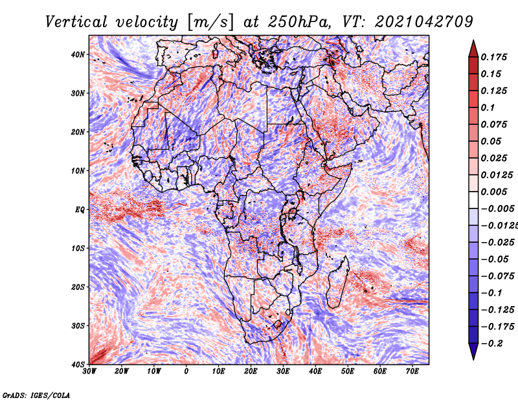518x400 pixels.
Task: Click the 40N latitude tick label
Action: coord(78,54)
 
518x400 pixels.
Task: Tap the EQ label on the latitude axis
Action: coord(80,210)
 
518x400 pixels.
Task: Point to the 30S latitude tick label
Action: coord(78,326)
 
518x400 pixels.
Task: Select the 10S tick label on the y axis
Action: coord(78,248)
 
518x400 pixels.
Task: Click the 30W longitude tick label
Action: coord(89,372)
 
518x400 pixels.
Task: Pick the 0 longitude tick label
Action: coord(186,372)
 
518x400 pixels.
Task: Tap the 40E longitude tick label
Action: coord(315,372)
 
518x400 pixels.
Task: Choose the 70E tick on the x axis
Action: coord(412,372)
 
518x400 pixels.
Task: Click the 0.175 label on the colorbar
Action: coord(493,57)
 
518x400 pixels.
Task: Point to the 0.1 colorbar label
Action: coord(488,107)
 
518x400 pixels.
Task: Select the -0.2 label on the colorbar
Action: coord(492,344)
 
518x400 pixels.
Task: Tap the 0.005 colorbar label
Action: coord(493,192)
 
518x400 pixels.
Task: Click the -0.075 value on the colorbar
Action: coord(498,276)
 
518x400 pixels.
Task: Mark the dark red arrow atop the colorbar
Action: coord(473,49)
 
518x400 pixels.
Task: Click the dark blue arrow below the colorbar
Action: coord(473,351)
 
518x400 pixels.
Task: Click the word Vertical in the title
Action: coord(76,22)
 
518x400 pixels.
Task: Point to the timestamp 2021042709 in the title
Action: coord(424,22)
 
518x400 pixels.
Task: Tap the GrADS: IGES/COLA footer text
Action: coord(36,395)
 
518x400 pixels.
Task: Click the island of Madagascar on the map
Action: coord(338,282)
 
